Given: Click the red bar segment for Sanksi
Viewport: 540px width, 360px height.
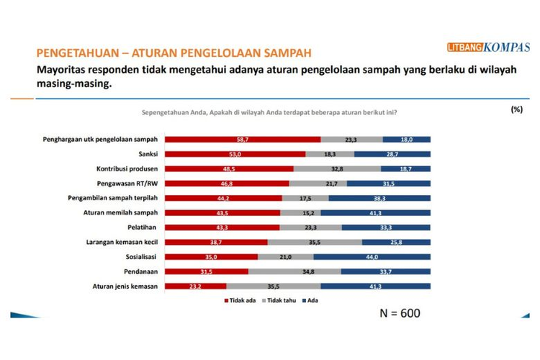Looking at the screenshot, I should click(x=235, y=154).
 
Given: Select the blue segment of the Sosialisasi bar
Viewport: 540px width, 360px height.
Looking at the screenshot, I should click(x=372, y=257).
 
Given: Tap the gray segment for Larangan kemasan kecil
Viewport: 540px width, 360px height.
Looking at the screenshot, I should click(x=315, y=243).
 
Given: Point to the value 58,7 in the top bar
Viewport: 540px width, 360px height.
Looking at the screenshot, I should click(x=243, y=139).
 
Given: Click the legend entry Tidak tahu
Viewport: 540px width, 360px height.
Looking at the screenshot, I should click(x=282, y=301).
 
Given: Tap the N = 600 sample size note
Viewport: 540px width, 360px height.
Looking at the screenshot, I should click(x=400, y=313).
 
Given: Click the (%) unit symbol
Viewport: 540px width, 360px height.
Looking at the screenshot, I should click(x=516, y=109).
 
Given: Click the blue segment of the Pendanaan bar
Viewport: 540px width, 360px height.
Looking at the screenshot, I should click(x=385, y=272).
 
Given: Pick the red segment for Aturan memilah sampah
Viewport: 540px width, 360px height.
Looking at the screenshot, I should click(x=222, y=213).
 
